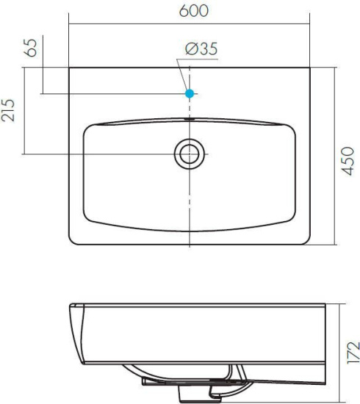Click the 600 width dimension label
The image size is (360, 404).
[x=194, y=11]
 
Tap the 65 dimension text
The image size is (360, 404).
[x=30, y=48]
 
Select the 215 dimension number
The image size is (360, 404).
[x=8, y=110]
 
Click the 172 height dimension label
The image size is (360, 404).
[x=353, y=353]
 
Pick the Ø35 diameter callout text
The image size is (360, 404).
[x=201, y=48]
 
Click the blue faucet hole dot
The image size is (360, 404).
[x=190, y=93]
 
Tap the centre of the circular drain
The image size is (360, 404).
[x=190, y=154]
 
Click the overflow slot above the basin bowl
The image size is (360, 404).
[x=190, y=119]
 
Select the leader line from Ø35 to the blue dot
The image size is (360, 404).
[x=181, y=75]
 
